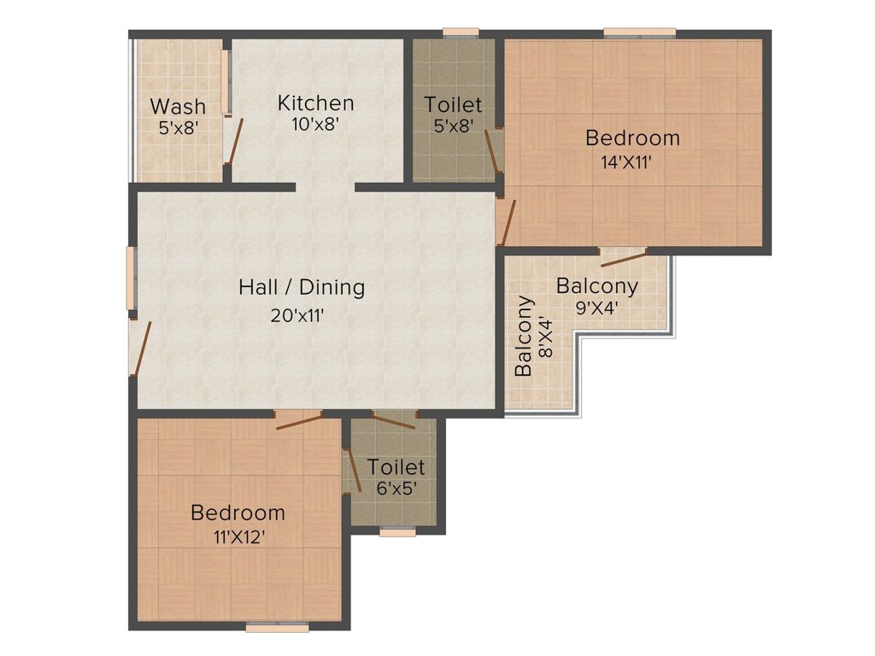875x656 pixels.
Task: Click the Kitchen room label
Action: pyautogui.click(x=316, y=103)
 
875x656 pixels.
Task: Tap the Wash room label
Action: pyautogui.click(x=178, y=106)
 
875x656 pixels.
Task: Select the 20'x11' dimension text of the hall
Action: pyautogui.click(x=297, y=316)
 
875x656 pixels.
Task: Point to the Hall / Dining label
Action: pyautogui.click(x=302, y=287)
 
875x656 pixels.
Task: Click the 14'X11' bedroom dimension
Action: pyautogui.click(x=626, y=162)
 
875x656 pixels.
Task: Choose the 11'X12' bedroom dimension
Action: pyautogui.click(x=239, y=537)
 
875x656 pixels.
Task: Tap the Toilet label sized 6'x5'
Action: pyautogui.click(x=396, y=467)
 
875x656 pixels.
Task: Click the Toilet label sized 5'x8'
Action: pyautogui.click(x=453, y=104)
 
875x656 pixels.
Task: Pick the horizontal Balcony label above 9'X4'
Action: pyautogui.click(x=597, y=285)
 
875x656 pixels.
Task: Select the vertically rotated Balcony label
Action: pyautogui.click(x=524, y=337)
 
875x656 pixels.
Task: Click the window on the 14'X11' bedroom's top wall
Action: pyautogui.click(x=640, y=33)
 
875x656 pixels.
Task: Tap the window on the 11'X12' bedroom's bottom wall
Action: pyautogui.click(x=278, y=628)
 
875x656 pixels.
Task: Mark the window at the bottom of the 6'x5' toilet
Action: pyautogui.click(x=398, y=531)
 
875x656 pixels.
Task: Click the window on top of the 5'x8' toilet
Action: pyautogui.click(x=461, y=33)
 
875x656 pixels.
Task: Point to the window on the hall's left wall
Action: pyautogui.click(x=131, y=278)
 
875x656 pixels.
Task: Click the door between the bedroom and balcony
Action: pyautogui.click(x=623, y=258)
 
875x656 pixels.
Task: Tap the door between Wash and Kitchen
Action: pyautogui.click(x=234, y=142)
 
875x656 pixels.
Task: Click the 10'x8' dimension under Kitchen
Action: pyautogui.click(x=316, y=125)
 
